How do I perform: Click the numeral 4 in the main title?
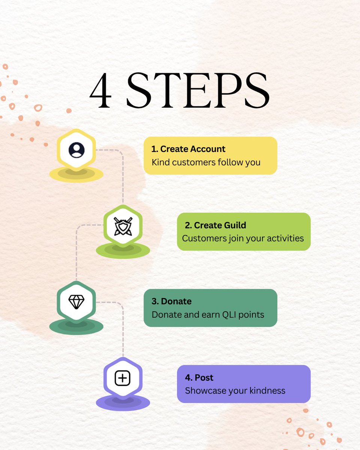tap(100, 90)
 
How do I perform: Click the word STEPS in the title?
tap(198, 90)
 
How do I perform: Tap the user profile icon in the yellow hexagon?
tap(76, 150)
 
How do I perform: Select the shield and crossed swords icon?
tap(123, 226)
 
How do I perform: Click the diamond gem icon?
tap(76, 302)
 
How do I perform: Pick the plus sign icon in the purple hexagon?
tap(123, 378)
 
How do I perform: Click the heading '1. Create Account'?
tap(188, 149)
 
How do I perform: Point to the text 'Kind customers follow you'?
tap(206, 162)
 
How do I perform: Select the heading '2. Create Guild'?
tap(216, 225)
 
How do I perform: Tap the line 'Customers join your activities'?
tap(243, 238)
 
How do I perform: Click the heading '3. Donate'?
tap(171, 301)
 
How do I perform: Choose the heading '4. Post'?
tap(199, 378)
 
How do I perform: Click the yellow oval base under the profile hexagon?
tap(76, 175)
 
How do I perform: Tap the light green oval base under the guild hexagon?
tap(123, 251)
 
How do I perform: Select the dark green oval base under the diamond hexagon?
tap(76, 327)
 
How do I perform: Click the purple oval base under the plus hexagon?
tap(123, 403)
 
